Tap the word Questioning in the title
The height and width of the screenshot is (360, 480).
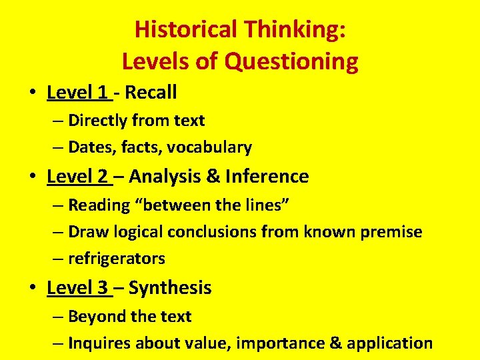point(291,61)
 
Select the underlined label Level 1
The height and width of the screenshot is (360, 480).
point(77,92)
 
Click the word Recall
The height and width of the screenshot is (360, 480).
point(151,92)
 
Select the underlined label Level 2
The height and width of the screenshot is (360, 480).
point(77,177)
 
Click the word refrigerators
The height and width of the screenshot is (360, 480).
point(117,259)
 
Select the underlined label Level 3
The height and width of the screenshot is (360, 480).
point(77,288)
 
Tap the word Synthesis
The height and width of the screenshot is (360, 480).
point(170,288)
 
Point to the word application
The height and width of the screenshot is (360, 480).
point(393,343)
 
